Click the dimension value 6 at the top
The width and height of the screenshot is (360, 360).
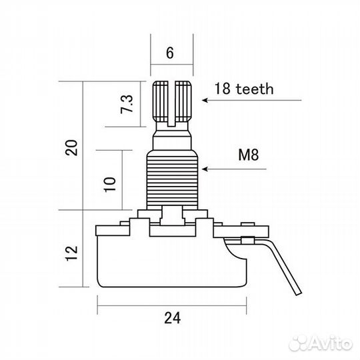[170, 53]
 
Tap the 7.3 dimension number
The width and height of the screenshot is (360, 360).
[127, 104]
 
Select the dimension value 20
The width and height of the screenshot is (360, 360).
[71, 148]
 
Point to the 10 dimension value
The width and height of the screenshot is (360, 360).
[110, 185]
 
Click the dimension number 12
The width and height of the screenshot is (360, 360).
[71, 253]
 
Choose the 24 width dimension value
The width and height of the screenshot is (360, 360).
[173, 318]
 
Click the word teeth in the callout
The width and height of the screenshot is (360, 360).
[255, 89]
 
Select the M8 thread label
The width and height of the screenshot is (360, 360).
[249, 155]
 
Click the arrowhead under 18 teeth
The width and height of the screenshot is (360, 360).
[205, 100]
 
